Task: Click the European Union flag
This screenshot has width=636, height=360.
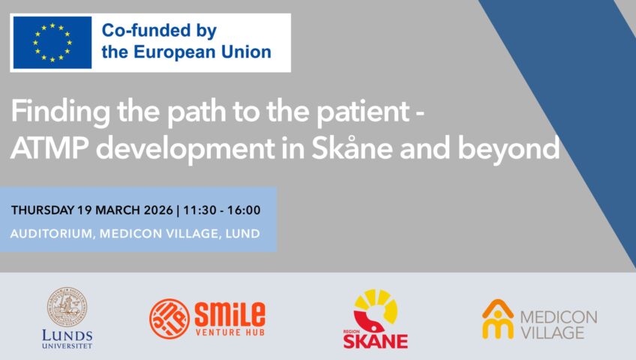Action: (x=52, y=43)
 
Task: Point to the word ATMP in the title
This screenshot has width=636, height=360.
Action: (x=49, y=148)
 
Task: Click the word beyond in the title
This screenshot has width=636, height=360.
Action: (x=508, y=149)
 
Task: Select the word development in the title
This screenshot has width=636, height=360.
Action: (x=185, y=149)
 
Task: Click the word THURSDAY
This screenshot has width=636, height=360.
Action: (x=43, y=211)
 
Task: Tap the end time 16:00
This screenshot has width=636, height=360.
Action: (x=244, y=211)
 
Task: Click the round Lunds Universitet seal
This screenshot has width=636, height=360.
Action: (x=67, y=307)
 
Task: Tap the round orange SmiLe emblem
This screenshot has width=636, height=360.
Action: (x=169, y=319)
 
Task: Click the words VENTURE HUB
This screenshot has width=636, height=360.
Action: (x=230, y=332)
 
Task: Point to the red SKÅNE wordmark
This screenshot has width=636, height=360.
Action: (x=376, y=341)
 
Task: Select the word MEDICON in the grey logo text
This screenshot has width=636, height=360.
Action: (x=559, y=317)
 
